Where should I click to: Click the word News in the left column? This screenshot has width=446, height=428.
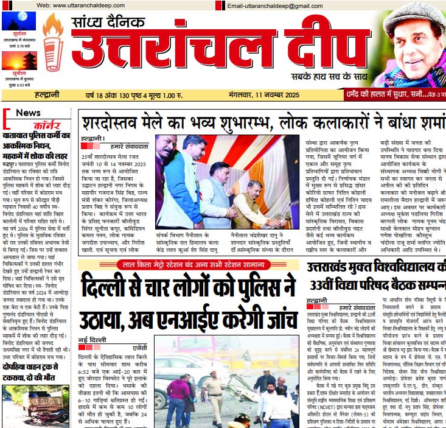(28, 113)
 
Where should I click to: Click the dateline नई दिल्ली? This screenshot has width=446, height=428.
(92, 339)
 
